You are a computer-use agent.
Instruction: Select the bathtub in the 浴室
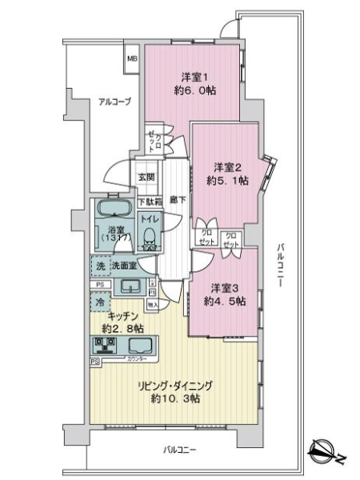112,213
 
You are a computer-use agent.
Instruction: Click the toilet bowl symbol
149,235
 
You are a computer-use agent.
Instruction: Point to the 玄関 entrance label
146,178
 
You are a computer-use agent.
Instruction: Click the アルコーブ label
114,102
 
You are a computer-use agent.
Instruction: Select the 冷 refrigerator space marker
99,302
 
